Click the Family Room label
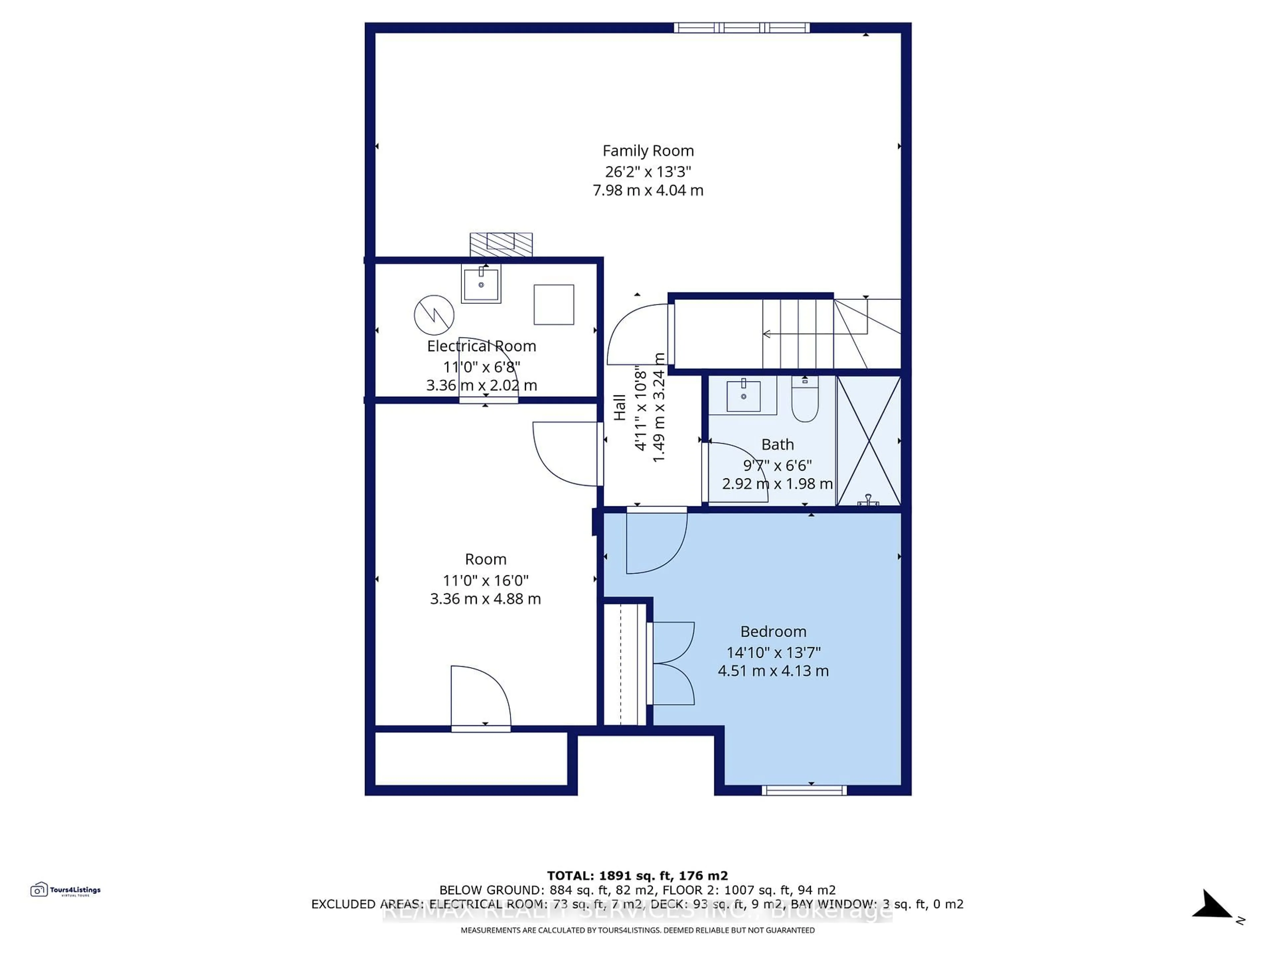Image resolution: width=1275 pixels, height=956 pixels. [x=648, y=151]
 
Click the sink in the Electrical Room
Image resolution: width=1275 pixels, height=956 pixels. [x=481, y=283]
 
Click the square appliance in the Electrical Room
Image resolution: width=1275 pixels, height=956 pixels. [x=553, y=304]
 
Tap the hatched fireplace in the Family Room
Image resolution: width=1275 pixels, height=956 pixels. [x=501, y=244]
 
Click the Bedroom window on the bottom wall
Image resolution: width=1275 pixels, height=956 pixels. [x=804, y=790]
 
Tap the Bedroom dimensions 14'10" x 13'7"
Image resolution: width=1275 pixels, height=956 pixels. [x=773, y=652]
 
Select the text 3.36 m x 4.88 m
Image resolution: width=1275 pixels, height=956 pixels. [x=485, y=599]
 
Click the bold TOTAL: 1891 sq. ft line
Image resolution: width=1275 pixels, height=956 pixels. [x=637, y=876]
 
